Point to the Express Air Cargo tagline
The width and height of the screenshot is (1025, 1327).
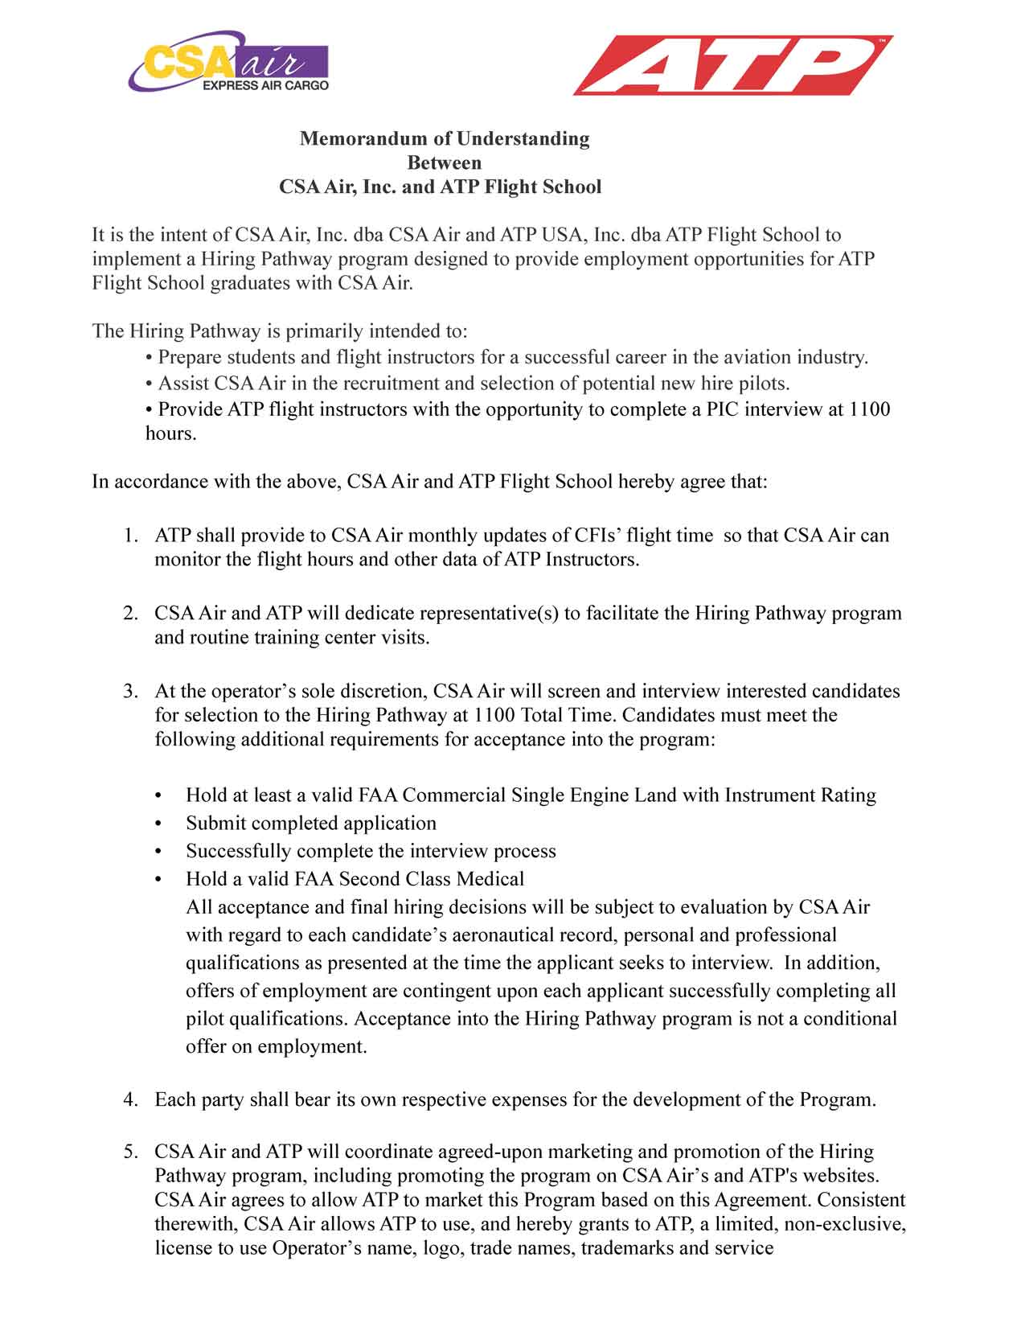265,85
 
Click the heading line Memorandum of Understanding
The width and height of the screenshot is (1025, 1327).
445,138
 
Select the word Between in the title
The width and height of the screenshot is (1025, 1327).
445,162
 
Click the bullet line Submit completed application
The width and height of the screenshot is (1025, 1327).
311,824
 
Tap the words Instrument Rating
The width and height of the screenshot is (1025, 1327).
800,795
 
